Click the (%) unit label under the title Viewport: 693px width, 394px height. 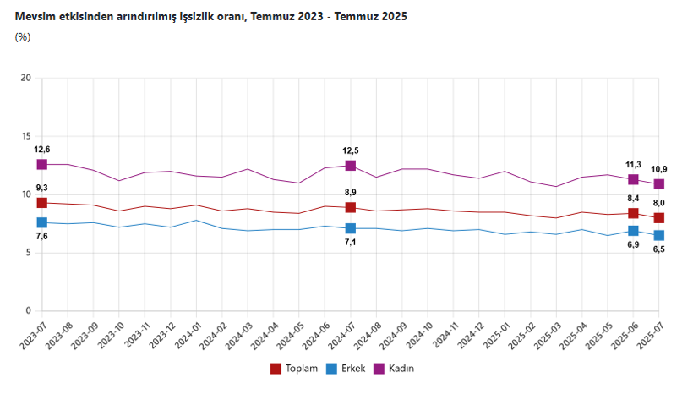23,36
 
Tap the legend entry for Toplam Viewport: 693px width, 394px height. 293,369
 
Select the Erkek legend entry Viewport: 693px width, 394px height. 346,369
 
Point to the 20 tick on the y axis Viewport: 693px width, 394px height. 25,79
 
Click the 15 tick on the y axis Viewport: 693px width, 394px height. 25,137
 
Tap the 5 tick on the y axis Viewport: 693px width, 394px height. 28,253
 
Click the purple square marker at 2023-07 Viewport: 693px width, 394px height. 42,164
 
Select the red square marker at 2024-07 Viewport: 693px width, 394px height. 350,208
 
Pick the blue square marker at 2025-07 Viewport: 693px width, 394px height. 658,235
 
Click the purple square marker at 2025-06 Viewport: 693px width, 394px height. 633,179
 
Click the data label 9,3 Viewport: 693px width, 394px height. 41,188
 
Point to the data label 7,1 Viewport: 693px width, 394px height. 350,244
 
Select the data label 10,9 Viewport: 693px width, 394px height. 659,169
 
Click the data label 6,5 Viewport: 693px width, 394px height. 658,249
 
